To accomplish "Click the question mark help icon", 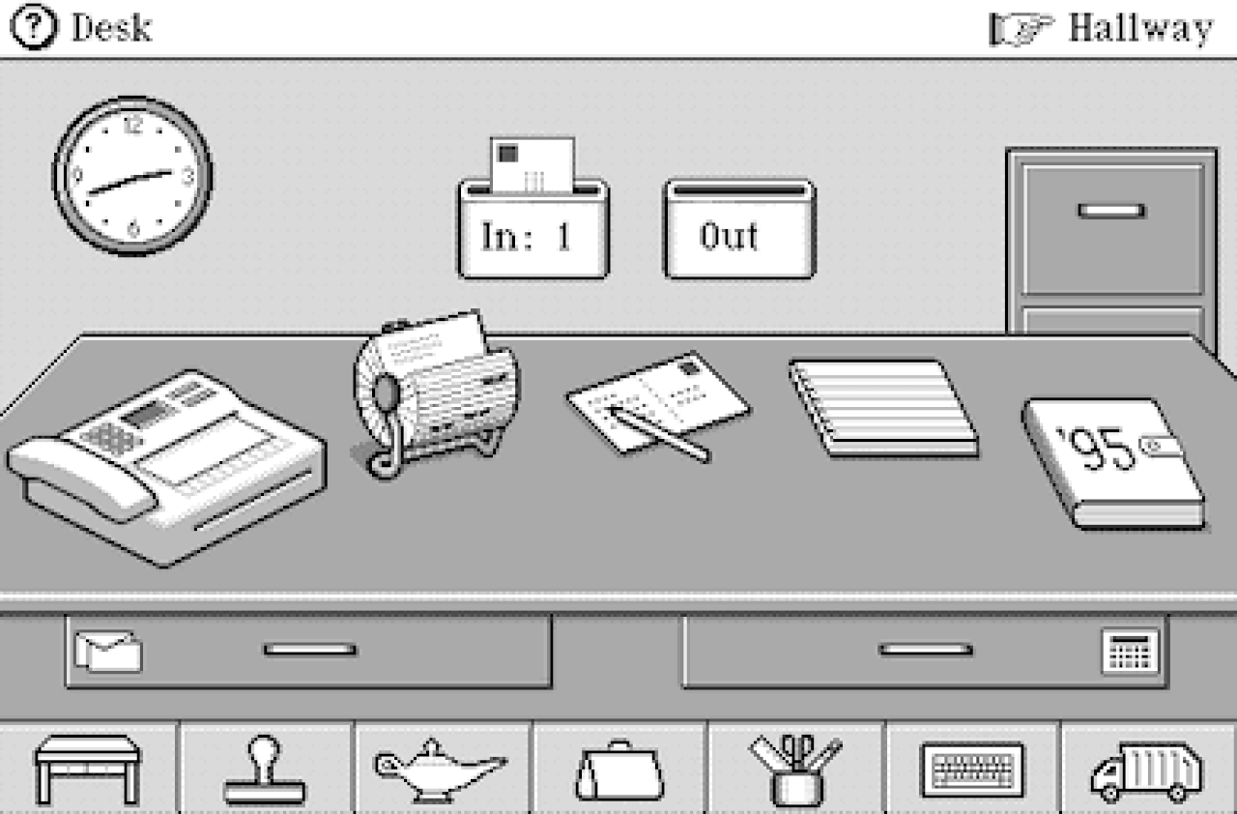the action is click(x=33, y=26).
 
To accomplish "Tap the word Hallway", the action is click(x=1141, y=28).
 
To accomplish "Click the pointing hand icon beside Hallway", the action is click(x=1021, y=29).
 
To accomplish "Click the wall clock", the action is click(x=132, y=176).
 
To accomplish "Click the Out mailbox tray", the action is click(x=739, y=229).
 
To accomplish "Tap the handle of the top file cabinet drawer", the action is click(x=1111, y=211).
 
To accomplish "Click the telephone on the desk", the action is click(x=165, y=468).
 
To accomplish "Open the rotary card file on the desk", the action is click(x=436, y=393).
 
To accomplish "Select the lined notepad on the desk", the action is click(x=883, y=409).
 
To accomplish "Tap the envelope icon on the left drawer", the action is click(x=109, y=652).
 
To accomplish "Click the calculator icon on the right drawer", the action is click(x=1130, y=652).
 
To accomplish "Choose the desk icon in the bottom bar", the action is click(x=88, y=770).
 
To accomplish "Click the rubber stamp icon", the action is click(x=264, y=770).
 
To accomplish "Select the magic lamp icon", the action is click(x=440, y=770).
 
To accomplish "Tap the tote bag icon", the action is click(x=619, y=770).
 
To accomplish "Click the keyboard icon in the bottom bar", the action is click(x=972, y=770).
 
